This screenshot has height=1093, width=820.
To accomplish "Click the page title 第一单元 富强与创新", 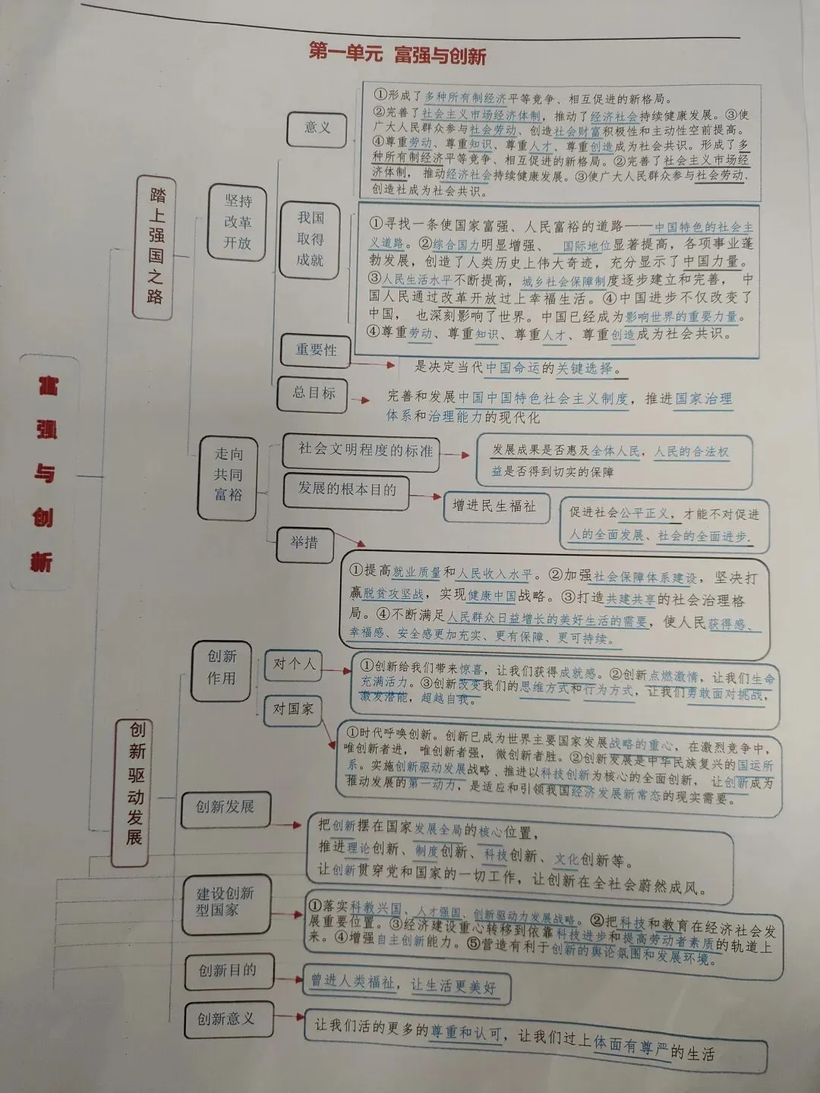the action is click(x=396, y=55).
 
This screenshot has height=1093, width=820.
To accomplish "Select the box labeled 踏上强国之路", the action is click(x=156, y=247).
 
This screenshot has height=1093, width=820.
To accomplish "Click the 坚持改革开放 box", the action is click(x=238, y=222).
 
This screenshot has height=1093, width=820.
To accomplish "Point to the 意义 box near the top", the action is click(x=317, y=128).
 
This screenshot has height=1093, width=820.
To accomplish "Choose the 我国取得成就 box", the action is click(x=311, y=239).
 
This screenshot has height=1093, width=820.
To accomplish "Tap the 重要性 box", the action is click(x=315, y=350).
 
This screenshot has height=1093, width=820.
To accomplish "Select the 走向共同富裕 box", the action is click(x=228, y=474).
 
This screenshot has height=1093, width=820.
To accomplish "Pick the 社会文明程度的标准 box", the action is click(x=364, y=450).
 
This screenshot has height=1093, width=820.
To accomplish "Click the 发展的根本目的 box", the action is click(x=346, y=490).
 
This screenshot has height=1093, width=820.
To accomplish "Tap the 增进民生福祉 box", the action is click(x=494, y=506).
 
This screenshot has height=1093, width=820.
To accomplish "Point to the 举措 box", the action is click(x=304, y=543).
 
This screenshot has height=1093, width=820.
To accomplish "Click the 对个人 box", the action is click(x=293, y=665).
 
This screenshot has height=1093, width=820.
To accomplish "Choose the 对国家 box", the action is click(x=293, y=709).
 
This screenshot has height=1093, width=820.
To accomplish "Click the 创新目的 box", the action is click(x=227, y=971).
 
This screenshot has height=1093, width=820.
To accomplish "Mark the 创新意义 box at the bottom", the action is click(x=225, y=1019).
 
